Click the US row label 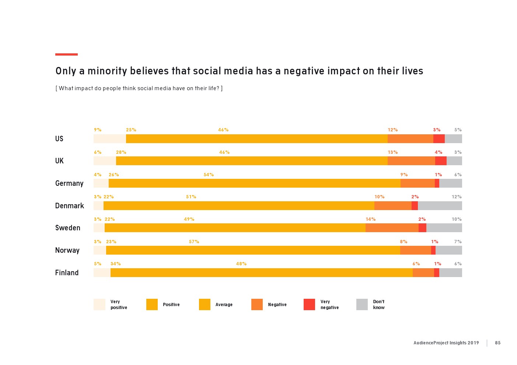pyautogui.click(x=59, y=139)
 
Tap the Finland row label pyautogui.click(x=67, y=273)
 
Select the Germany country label pyautogui.click(x=69, y=183)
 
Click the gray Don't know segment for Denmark pyautogui.click(x=440, y=206)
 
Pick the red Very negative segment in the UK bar pyautogui.click(x=441, y=161)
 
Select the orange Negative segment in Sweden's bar pyautogui.click(x=392, y=228)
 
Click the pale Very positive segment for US pyautogui.click(x=109, y=139)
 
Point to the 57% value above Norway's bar pyautogui.click(x=194, y=242)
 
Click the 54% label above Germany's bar pyautogui.click(x=209, y=175)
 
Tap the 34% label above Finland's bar pyautogui.click(x=115, y=264)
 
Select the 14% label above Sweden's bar pyautogui.click(x=370, y=219)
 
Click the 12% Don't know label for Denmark pyautogui.click(x=457, y=197)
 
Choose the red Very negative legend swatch pyautogui.click(x=309, y=304)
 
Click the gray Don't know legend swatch pyautogui.click(x=362, y=304)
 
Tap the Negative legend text pyautogui.click(x=277, y=305)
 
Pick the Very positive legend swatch pyautogui.click(x=99, y=304)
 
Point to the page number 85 pyautogui.click(x=497, y=343)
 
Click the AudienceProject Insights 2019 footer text pyautogui.click(x=446, y=343)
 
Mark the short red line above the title pyautogui.click(x=66, y=54)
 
